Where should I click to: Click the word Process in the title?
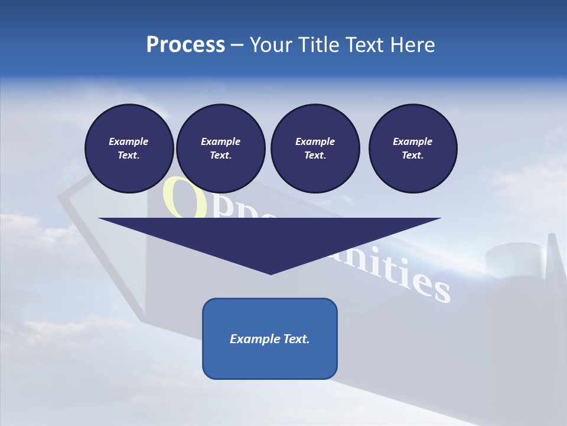click(185, 45)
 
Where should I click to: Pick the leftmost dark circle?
click(129, 148)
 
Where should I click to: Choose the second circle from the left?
click(221, 148)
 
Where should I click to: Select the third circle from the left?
click(315, 148)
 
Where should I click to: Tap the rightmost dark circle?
click(413, 148)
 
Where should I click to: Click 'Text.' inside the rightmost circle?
click(413, 156)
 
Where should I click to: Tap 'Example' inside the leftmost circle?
click(129, 141)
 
